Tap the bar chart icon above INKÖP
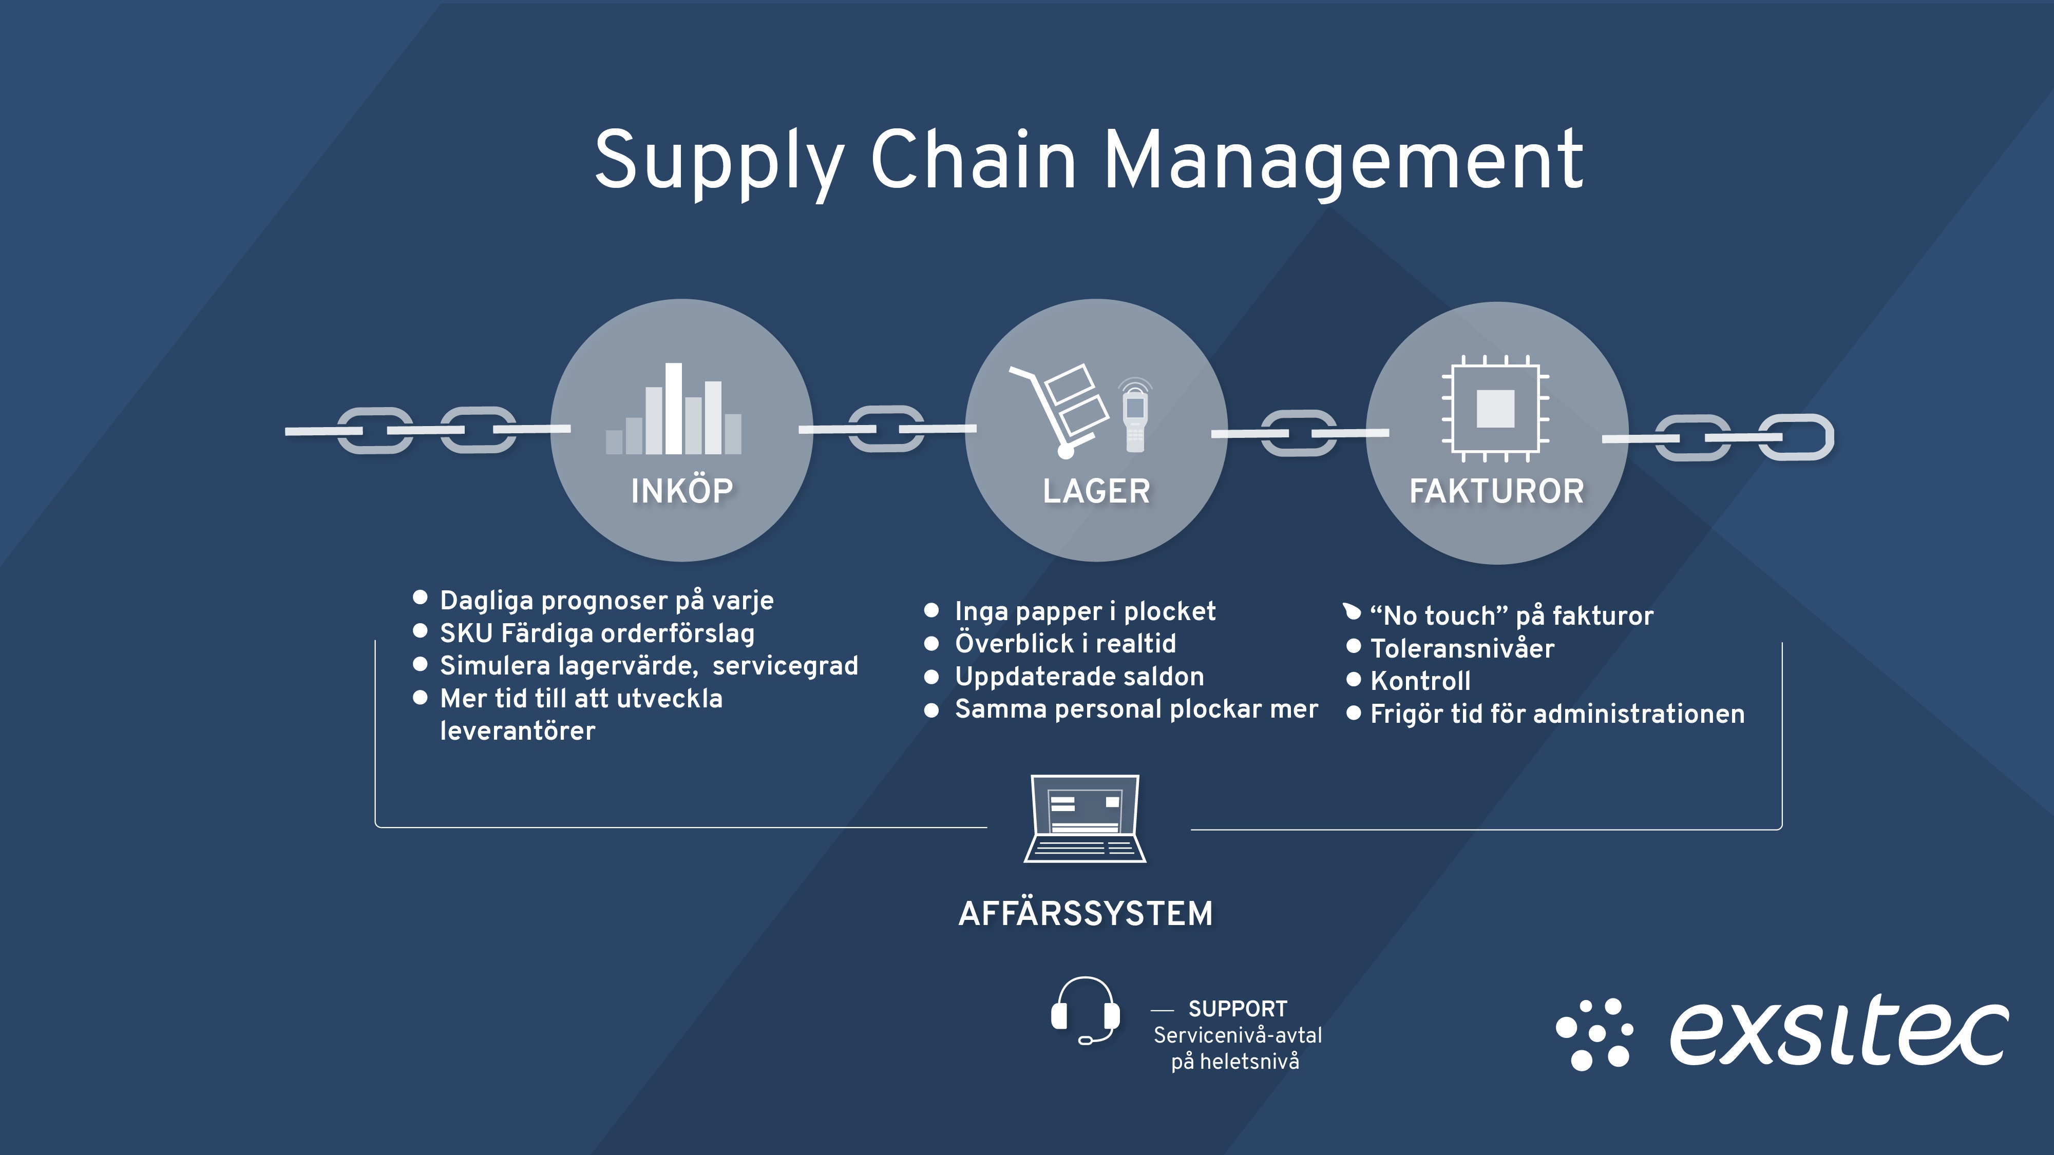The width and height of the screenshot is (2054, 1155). (674, 409)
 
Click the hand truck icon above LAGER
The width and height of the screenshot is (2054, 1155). (1058, 411)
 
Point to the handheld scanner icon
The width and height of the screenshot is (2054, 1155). (1135, 414)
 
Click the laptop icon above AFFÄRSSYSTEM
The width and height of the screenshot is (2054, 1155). (1085, 819)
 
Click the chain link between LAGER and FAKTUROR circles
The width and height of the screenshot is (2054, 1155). (1300, 433)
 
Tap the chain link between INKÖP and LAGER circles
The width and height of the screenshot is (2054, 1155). (887, 429)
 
